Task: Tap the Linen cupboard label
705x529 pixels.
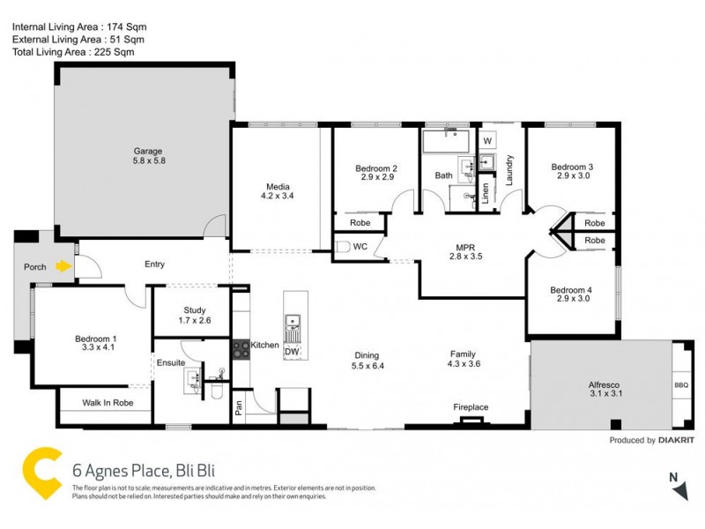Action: pyautogui.click(x=485, y=194)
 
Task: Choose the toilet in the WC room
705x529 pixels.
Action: pyautogui.click(x=344, y=247)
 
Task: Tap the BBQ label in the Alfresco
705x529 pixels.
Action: pyautogui.click(x=682, y=385)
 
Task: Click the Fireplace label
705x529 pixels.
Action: pyautogui.click(x=471, y=407)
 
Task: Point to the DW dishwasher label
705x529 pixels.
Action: pyautogui.click(x=292, y=352)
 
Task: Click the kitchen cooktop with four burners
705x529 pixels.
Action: pyautogui.click(x=241, y=349)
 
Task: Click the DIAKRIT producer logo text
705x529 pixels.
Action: pyautogui.click(x=677, y=440)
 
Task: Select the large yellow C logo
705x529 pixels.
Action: pyautogui.click(x=40, y=473)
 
